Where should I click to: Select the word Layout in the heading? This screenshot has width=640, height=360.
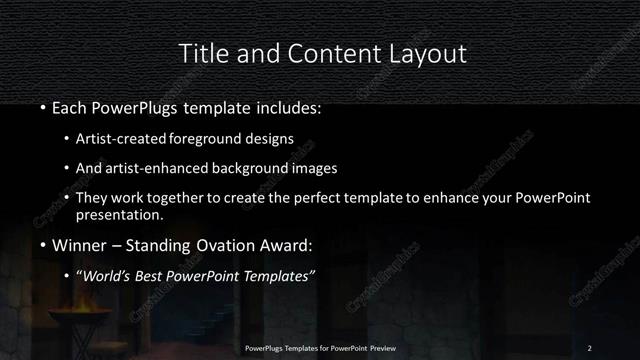(x=425, y=52)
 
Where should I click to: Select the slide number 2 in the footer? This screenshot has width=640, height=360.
(x=589, y=347)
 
